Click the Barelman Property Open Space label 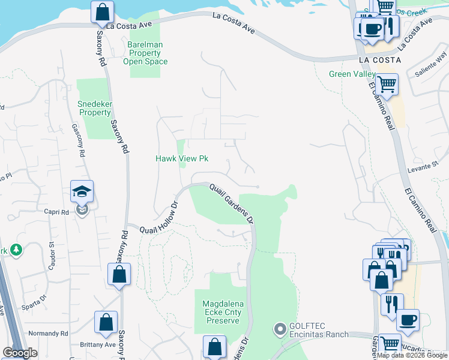click(x=145, y=53)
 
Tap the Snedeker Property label click(x=95, y=108)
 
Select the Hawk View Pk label click(x=182, y=158)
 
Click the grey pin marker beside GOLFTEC click(x=279, y=329)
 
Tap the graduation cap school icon click(x=82, y=192)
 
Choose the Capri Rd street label click(x=56, y=212)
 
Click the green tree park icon click(x=15, y=249)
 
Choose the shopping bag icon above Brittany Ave click(x=106, y=322)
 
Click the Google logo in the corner click(x=20, y=353)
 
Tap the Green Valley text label click(x=352, y=74)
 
